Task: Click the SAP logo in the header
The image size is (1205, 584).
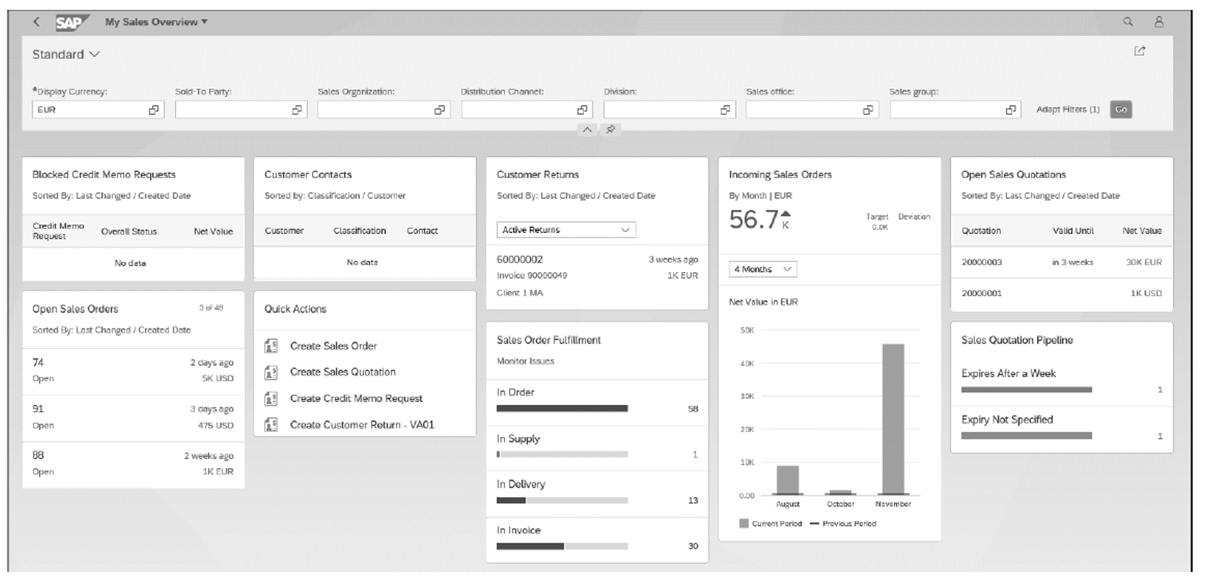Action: (x=71, y=23)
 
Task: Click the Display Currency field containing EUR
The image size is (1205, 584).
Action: (x=90, y=110)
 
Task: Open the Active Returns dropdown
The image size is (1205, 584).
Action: (x=566, y=230)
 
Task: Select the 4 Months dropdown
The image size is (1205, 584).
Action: (x=762, y=269)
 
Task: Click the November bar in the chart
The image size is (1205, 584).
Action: (x=892, y=419)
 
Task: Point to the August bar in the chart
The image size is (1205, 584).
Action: (x=787, y=480)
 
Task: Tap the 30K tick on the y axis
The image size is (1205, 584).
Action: (x=747, y=396)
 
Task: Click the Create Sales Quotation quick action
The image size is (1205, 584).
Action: (x=343, y=372)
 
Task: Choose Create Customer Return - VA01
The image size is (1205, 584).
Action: (x=362, y=425)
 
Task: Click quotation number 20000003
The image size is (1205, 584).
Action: (x=981, y=262)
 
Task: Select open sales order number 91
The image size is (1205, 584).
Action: (x=38, y=409)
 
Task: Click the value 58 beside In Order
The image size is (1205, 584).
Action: (x=692, y=409)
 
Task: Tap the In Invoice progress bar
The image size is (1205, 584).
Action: (x=562, y=546)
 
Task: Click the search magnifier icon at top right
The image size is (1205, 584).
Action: (x=1127, y=22)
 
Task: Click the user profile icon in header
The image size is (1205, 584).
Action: (x=1159, y=22)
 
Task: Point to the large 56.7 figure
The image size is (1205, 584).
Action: (x=754, y=220)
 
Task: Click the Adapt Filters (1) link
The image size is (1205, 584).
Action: (x=1068, y=110)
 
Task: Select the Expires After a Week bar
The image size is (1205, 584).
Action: (x=1026, y=390)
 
